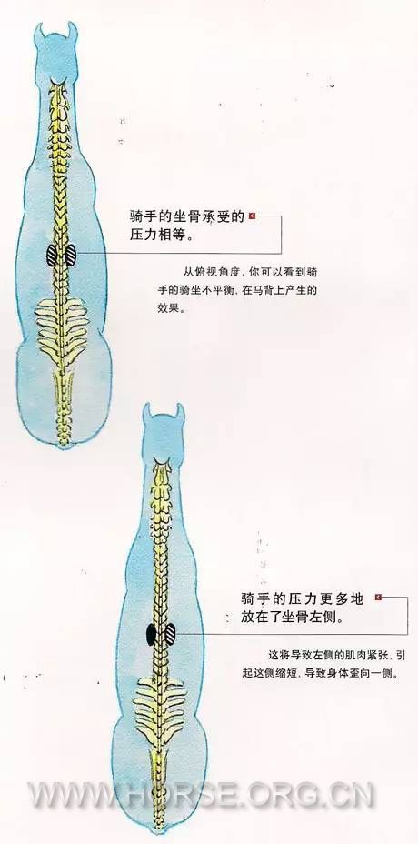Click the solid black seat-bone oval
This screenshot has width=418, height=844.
coord(151,635)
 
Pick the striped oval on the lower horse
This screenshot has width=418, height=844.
coord(171,634)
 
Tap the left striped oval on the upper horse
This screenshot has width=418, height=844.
coord(52,256)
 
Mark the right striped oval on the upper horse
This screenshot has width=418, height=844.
coord(70,256)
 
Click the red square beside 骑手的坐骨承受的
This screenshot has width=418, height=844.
coord(252,216)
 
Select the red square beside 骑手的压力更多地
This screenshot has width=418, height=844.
coord(378,597)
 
